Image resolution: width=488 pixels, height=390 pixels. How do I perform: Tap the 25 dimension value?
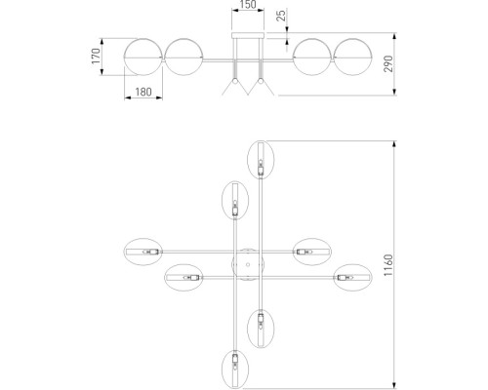coord(280,18)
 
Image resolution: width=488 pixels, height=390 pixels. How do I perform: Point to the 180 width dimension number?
coord(142,93)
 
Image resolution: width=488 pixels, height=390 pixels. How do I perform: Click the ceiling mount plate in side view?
coord(248,35)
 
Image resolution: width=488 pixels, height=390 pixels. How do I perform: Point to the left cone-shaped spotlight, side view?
coord(234,87)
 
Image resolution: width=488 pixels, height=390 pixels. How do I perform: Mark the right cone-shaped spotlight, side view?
coord(261,87)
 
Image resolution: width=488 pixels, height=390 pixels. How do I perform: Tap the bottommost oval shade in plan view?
coord(235,370)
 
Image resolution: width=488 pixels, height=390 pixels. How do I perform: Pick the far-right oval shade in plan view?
coord(351,278)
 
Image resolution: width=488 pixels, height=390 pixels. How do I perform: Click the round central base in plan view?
coord(248,265)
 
